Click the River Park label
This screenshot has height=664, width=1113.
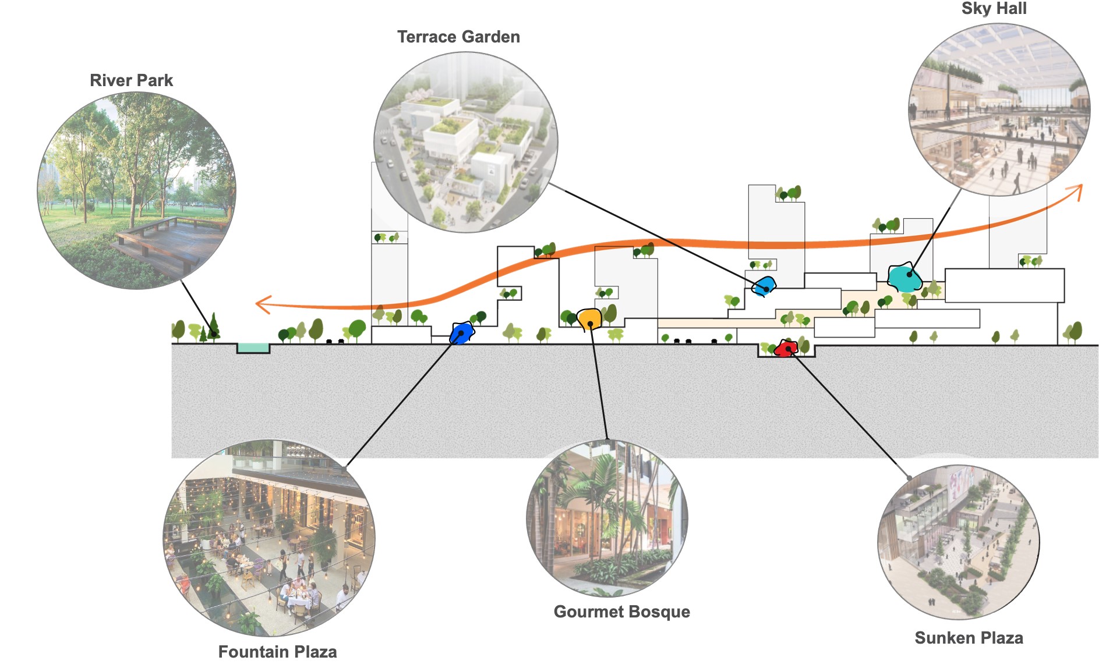point(131,80)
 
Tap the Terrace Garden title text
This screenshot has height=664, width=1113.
point(458,37)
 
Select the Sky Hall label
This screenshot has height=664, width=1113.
point(994,9)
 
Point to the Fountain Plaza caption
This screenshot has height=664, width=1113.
point(277,651)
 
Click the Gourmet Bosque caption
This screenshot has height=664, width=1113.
point(621,612)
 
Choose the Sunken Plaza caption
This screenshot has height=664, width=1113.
point(969,638)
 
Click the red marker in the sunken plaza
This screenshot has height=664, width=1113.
point(785,349)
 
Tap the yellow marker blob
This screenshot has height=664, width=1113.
point(589,319)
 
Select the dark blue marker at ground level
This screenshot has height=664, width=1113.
point(461,333)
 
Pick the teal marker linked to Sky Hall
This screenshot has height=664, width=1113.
point(904,278)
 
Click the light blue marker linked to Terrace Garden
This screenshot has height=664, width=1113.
point(764,286)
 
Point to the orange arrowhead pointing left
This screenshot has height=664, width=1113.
point(263,304)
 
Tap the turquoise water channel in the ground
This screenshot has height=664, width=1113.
point(253,348)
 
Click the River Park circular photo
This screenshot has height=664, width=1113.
point(137,191)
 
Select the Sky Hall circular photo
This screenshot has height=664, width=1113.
point(999,109)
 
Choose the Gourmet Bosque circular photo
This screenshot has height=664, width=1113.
point(607,518)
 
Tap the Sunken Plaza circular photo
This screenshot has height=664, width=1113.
point(958,541)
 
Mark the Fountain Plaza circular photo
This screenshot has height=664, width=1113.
point(268,538)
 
